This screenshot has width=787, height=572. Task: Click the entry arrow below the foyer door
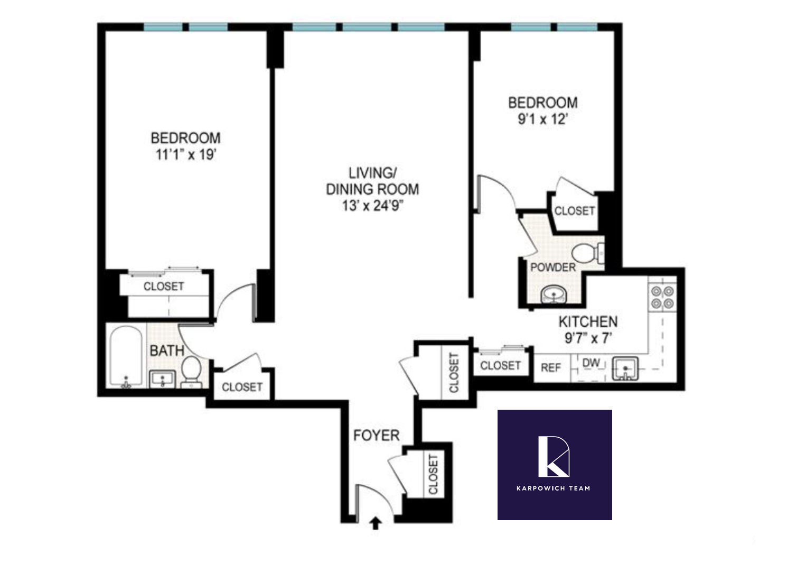376,523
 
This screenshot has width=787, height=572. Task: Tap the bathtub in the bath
126,357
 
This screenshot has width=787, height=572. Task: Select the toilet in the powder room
586,253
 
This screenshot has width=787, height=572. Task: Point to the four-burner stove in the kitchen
662,297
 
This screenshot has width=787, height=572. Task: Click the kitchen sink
625,368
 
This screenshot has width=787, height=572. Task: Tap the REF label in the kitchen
550,367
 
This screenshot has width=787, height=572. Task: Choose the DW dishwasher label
591,363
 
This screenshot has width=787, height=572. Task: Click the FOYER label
376,436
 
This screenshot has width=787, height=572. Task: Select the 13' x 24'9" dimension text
372,206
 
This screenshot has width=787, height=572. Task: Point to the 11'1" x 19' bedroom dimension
186,155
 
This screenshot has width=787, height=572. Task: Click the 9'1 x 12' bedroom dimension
542,119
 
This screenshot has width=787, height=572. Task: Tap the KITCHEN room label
588,321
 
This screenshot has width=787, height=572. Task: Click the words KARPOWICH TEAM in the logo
553,488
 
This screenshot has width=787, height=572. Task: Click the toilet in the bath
191,370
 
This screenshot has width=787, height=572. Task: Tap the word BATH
167,350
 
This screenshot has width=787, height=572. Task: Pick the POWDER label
552,267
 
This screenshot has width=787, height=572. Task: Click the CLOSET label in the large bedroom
164,287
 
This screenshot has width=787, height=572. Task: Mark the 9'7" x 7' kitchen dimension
588,338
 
